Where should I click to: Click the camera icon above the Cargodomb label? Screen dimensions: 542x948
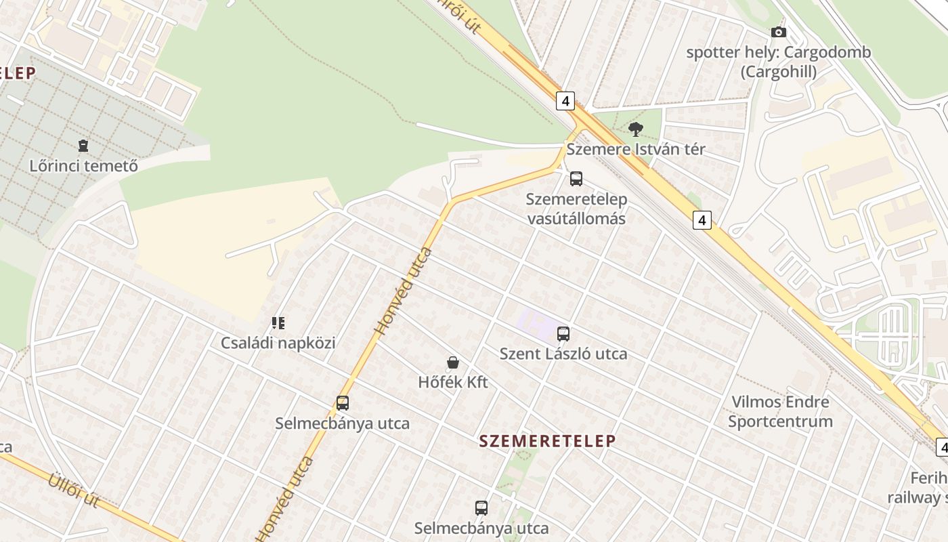tap(779, 32)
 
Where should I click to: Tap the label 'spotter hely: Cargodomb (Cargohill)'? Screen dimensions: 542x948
tap(779, 62)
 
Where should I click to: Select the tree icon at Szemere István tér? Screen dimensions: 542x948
tap(635, 129)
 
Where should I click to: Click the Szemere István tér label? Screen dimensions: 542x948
tap(635, 149)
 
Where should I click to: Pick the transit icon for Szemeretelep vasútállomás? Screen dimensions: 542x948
tap(576, 179)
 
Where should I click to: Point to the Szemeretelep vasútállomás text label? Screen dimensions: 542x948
tap(576, 209)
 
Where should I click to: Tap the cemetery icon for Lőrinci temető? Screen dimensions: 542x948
tap(83, 145)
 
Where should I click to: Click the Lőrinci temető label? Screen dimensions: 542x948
tap(83, 165)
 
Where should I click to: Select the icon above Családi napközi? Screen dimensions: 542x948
tap(278, 323)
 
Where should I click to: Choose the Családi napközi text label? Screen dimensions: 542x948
tap(278, 343)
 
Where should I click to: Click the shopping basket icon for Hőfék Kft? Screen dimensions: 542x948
tap(453, 363)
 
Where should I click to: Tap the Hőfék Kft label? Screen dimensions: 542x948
tap(453, 382)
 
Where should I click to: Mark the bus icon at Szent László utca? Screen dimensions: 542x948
tap(563, 333)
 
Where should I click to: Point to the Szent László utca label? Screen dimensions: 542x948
tap(563, 354)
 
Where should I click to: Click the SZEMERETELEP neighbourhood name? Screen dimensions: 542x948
tap(547, 441)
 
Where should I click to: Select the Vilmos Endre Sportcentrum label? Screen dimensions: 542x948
tap(780, 411)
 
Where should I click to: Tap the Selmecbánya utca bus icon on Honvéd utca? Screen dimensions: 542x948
tap(343, 403)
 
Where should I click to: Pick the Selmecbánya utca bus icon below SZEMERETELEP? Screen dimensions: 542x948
tap(481, 507)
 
